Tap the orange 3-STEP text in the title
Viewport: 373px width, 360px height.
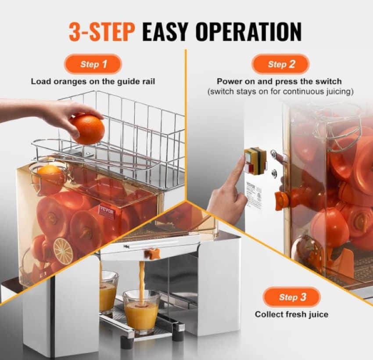point(102,32)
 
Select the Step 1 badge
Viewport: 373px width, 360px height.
point(93,64)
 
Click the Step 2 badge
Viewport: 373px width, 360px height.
point(281,64)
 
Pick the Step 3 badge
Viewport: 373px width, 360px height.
point(292,297)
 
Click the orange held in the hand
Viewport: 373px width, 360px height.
point(87,129)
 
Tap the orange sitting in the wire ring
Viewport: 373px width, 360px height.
point(50,175)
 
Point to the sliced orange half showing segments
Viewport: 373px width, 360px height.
point(63,250)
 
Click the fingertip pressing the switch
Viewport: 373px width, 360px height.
point(242,159)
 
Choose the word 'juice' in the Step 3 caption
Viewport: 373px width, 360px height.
point(318,314)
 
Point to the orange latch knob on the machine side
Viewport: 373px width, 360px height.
point(281,200)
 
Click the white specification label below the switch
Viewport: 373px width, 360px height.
point(253,194)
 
